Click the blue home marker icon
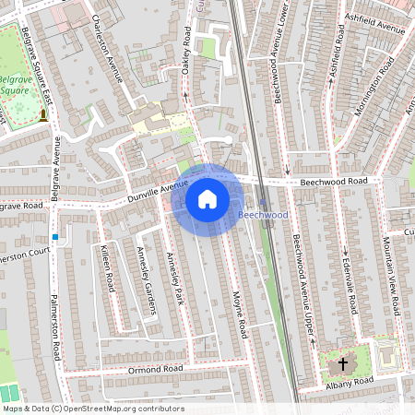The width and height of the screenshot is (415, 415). (x=207, y=199)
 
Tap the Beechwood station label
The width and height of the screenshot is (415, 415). (x=264, y=214)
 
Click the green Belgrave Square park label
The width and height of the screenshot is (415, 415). (x=13, y=86)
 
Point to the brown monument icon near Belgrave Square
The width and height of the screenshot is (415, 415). (x=42, y=115)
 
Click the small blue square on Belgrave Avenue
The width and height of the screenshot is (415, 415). (x=56, y=237)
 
